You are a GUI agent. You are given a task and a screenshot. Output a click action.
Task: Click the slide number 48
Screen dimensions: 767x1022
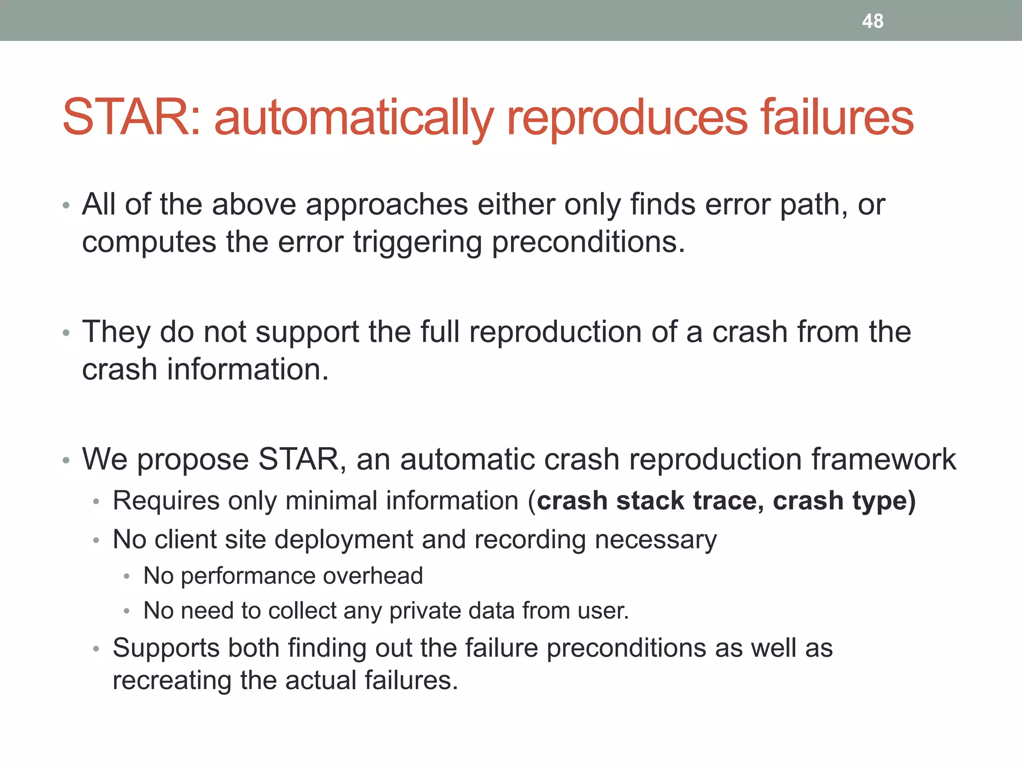pyautogui.click(x=872, y=21)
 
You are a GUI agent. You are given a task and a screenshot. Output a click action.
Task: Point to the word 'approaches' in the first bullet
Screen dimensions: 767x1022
pyautogui.click(x=387, y=205)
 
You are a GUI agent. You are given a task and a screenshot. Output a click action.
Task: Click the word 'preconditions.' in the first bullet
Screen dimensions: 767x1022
pyautogui.click(x=588, y=243)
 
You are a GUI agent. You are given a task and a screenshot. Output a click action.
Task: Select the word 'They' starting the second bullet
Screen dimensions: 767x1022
pyautogui.click(x=116, y=332)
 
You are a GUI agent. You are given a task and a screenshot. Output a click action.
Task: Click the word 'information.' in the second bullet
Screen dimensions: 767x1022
pyautogui.click(x=248, y=370)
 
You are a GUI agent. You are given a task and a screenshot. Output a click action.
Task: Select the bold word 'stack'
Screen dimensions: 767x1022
pyautogui.click(x=650, y=501)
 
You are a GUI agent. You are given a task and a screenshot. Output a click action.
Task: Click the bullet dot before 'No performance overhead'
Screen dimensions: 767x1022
pyautogui.click(x=127, y=577)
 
